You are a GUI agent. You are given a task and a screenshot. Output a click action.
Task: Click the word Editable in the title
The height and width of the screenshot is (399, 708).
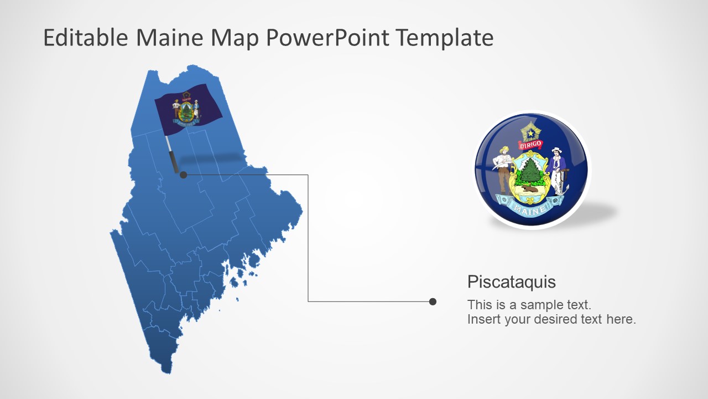[x=86, y=37]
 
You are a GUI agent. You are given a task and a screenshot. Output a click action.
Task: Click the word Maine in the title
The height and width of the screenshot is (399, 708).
[x=169, y=37]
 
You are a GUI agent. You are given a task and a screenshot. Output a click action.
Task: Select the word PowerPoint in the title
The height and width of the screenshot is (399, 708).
[x=327, y=37]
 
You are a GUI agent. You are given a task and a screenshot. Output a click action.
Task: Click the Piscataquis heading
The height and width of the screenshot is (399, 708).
[x=512, y=282]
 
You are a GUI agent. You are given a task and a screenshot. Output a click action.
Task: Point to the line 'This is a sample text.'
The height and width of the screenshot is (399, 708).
[x=529, y=305]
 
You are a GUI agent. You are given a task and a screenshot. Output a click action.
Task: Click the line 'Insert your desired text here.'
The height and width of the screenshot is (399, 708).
[x=551, y=319]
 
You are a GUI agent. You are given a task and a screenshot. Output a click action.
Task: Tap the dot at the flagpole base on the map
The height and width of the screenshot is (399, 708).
[x=183, y=175]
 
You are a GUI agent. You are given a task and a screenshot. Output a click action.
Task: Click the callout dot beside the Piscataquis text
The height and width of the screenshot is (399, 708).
[x=433, y=301]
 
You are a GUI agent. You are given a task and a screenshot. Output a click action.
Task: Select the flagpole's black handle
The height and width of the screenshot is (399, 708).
[x=174, y=162]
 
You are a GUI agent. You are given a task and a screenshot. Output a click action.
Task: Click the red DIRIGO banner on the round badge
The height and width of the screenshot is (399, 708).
[x=530, y=145]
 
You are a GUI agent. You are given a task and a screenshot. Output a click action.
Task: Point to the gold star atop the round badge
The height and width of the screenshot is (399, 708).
[x=530, y=132]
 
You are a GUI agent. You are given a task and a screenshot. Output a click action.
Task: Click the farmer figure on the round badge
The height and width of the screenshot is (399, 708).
[x=503, y=170]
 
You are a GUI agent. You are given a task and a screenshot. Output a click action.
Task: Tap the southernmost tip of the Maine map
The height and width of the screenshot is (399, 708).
[x=166, y=373]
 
